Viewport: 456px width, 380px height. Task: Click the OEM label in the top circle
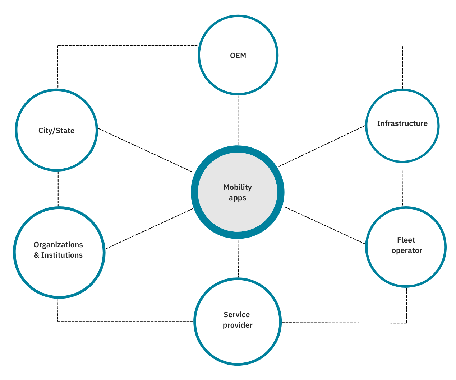(x=238, y=56)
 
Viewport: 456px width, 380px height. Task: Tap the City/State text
(x=56, y=131)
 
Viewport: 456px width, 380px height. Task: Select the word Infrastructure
(x=402, y=123)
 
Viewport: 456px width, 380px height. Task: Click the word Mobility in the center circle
(x=238, y=187)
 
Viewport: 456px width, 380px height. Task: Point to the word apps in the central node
(x=238, y=198)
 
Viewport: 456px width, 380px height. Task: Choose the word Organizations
(x=58, y=245)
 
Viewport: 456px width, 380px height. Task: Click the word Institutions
(x=62, y=255)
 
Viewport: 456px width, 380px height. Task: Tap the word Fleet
(x=406, y=240)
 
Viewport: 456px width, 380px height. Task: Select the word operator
(x=407, y=250)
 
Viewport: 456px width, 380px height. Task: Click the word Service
(x=236, y=315)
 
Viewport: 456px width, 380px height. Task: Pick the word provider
(x=238, y=325)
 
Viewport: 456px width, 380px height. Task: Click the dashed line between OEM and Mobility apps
(x=238, y=120)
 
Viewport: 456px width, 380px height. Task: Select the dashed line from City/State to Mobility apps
(x=145, y=150)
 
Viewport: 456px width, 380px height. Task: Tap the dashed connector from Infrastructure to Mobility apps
(x=322, y=146)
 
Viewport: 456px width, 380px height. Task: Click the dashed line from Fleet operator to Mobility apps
(x=325, y=225)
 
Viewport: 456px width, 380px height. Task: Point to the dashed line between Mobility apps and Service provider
(x=238, y=258)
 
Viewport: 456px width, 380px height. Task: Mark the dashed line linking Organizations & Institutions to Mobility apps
(x=149, y=229)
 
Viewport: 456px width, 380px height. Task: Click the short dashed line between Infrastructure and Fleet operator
(x=402, y=184)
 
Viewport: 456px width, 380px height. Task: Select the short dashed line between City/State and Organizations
(x=58, y=189)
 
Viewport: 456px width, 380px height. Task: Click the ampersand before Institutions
(x=37, y=255)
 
